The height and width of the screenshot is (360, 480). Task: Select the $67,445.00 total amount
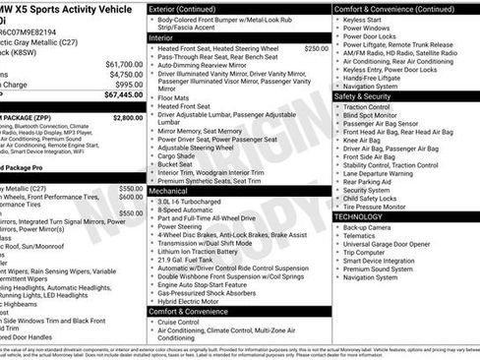click(x=122, y=95)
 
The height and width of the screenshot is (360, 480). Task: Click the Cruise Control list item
click(x=178, y=322)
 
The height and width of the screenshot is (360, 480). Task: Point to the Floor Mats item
click(x=173, y=98)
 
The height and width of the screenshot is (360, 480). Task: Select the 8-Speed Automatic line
click(x=187, y=210)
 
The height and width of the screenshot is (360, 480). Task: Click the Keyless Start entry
click(x=362, y=19)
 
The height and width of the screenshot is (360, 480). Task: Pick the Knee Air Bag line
click(x=364, y=140)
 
